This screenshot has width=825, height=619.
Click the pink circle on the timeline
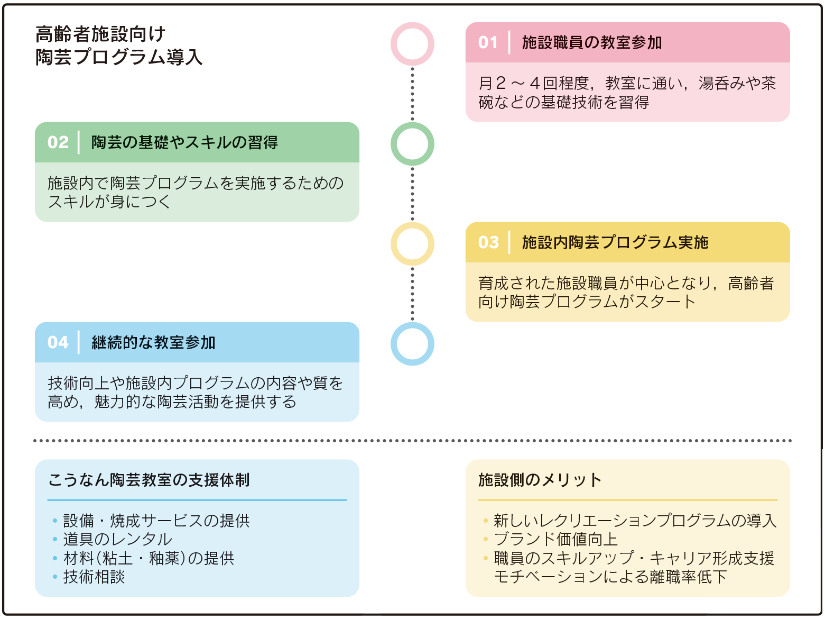click(412, 44)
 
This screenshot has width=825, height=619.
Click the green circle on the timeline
click(412, 144)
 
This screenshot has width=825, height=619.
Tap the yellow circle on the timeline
click(412, 244)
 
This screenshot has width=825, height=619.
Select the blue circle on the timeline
click(412, 344)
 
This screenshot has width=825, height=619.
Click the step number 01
click(488, 42)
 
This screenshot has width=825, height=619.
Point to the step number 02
click(58, 142)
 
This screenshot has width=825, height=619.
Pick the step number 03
click(488, 242)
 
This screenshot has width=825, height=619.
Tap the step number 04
click(58, 342)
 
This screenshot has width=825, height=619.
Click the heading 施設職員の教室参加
click(592, 42)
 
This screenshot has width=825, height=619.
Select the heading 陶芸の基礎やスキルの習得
click(184, 142)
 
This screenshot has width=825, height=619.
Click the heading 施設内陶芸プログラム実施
click(615, 242)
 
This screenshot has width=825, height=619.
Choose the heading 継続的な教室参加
click(153, 342)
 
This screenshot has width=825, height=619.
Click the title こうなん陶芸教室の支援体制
click(149, 480)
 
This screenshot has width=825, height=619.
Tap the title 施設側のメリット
click(540, 480)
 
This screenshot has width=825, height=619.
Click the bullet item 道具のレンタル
click(118, 539)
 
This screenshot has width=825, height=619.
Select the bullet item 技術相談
click(94, 577)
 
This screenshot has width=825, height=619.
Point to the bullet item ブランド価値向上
click(555, 539)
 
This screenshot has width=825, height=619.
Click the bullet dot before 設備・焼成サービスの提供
click(55, 521)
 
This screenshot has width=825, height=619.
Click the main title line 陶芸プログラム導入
click(119, 57)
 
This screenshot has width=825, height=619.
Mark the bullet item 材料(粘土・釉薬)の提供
click(149, 558)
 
